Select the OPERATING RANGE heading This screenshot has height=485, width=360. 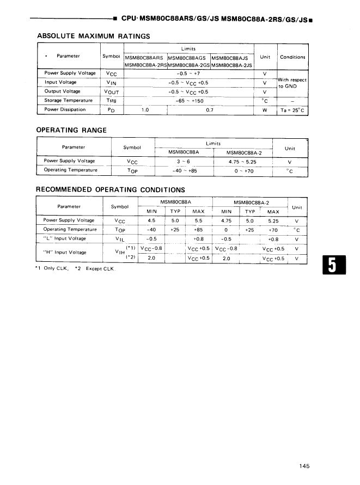click(71, 130)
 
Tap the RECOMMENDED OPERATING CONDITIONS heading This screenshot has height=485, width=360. click(110, 190)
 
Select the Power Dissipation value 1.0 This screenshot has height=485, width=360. click(145, 109)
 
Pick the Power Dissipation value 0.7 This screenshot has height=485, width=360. click(210, 109)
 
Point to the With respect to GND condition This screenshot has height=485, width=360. click(292, 83)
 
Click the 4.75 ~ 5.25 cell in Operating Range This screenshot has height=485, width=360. click(242, 161)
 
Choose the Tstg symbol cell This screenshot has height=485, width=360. click(112, 100)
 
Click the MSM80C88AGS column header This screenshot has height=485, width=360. click(188, 57)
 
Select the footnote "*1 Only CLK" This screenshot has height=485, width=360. click(51, 269)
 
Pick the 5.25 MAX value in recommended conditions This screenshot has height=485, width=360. click(273, 220)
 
